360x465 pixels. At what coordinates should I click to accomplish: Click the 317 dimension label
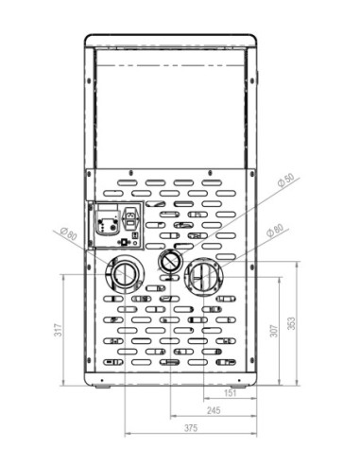click(x=59, y=331)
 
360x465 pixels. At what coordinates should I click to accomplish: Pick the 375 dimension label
click(x=192, y=428)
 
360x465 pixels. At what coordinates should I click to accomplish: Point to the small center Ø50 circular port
click(x=169, y=260)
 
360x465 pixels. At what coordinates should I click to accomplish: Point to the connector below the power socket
click(x=128, y=242)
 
